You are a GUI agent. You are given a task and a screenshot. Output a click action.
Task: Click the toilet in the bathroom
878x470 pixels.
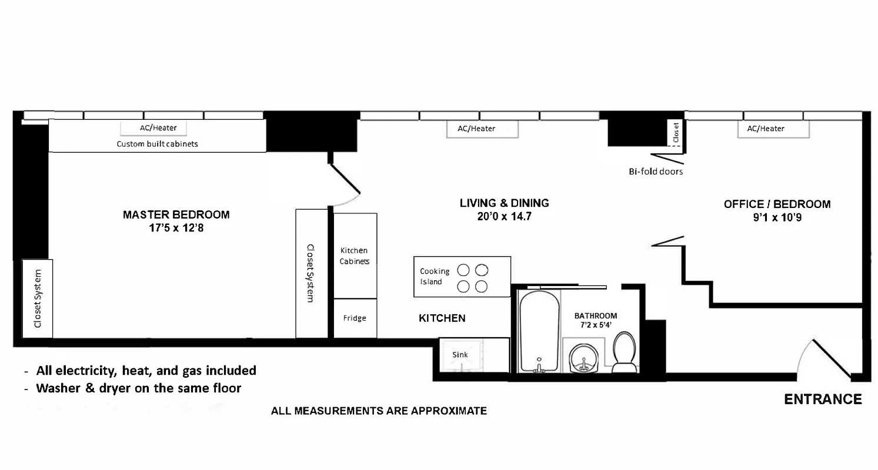(624, 352)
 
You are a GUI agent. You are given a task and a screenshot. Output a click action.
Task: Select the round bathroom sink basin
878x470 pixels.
(583, 357)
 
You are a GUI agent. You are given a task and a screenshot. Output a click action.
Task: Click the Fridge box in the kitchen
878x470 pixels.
(355, 318)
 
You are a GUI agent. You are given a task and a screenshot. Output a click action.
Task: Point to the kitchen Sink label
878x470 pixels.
(460, 355)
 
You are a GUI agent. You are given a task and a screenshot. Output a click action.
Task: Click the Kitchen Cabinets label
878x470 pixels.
(355, 256)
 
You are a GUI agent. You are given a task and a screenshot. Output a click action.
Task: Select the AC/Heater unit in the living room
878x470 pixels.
(476, 129)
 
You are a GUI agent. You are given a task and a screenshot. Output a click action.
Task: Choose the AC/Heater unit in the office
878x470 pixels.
(766, 129)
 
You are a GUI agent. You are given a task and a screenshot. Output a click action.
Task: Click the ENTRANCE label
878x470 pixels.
(823, 399)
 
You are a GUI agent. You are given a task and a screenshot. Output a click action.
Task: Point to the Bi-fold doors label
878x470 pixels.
(656, 172)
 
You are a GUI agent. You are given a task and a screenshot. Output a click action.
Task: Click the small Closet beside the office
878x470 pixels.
(676, 133)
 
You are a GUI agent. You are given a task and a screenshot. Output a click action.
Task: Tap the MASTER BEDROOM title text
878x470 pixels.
(176, 214)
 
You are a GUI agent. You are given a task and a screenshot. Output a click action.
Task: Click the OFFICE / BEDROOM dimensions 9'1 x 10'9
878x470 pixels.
(777, 217)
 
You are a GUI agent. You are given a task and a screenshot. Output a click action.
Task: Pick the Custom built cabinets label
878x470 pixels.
(157, 144)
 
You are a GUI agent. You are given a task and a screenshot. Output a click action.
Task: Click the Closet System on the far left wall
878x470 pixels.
(38, 298)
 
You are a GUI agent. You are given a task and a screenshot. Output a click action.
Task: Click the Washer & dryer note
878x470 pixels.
(138, 388)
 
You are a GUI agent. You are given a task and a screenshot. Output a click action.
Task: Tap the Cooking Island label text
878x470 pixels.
(434, 276)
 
